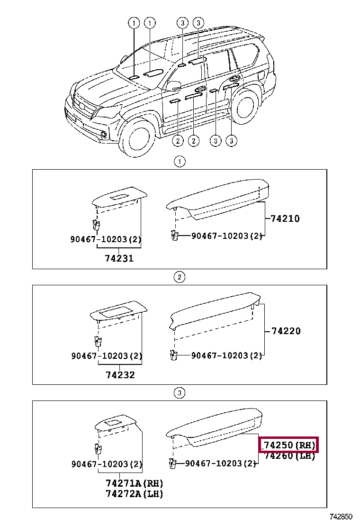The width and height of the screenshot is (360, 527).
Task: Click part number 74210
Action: pos(285,218)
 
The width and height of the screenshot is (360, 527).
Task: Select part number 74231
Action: pos(119,258)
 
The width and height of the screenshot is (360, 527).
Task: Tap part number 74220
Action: pos(286,331)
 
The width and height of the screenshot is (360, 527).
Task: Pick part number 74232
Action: pos(120,374)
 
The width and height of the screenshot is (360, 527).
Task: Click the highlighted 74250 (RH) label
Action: pos(289,445)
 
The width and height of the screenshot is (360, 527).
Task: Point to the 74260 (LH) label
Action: pos(289,456)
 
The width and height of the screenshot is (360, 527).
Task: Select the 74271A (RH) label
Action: pos(134,483)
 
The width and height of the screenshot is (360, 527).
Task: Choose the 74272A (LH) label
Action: pos(134,494)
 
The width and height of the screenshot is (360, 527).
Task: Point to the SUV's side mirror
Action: pos(173,86)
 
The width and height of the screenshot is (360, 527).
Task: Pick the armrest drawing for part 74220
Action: pos(216,313)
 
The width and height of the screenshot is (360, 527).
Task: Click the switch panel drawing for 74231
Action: pos(119,198)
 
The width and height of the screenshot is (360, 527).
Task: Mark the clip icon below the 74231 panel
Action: pos(96,226)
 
